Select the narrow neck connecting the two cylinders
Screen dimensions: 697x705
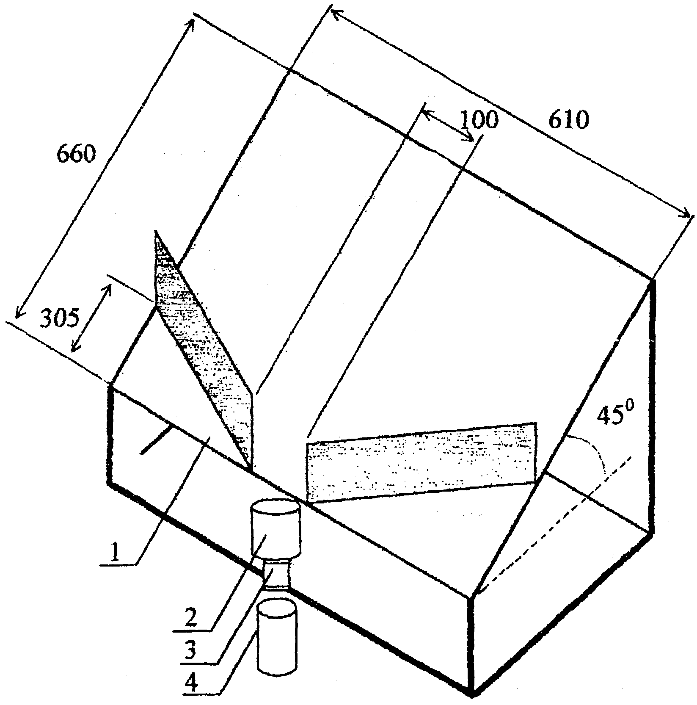(x=276, y=573)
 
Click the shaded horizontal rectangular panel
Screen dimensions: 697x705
(x=422, y=462)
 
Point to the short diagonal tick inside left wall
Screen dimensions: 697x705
(x=157, y=440)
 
